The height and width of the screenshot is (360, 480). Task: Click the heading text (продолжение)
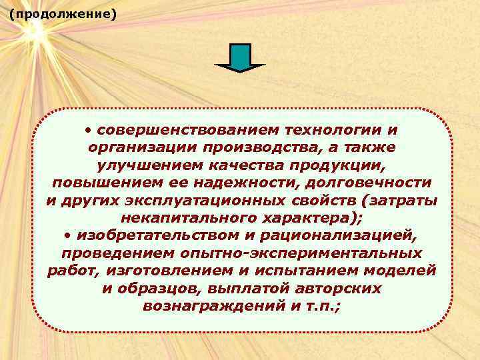pos(63,13)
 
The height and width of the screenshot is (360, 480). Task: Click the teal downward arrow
pos(240,58)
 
